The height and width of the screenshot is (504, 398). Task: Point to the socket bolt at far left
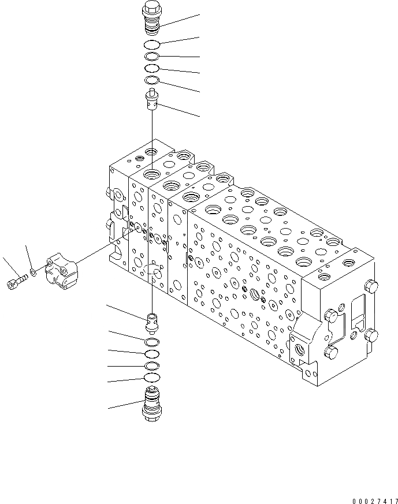tap(17, 282)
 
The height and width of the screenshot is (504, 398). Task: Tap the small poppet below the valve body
tap(152, 322)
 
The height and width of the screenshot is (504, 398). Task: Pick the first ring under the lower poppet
tap(152, 342)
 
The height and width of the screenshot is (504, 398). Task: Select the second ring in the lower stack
tap(152, 354)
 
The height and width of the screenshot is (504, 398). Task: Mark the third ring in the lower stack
tap(152, 366)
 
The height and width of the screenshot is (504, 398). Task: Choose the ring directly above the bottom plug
tap(152, 378)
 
